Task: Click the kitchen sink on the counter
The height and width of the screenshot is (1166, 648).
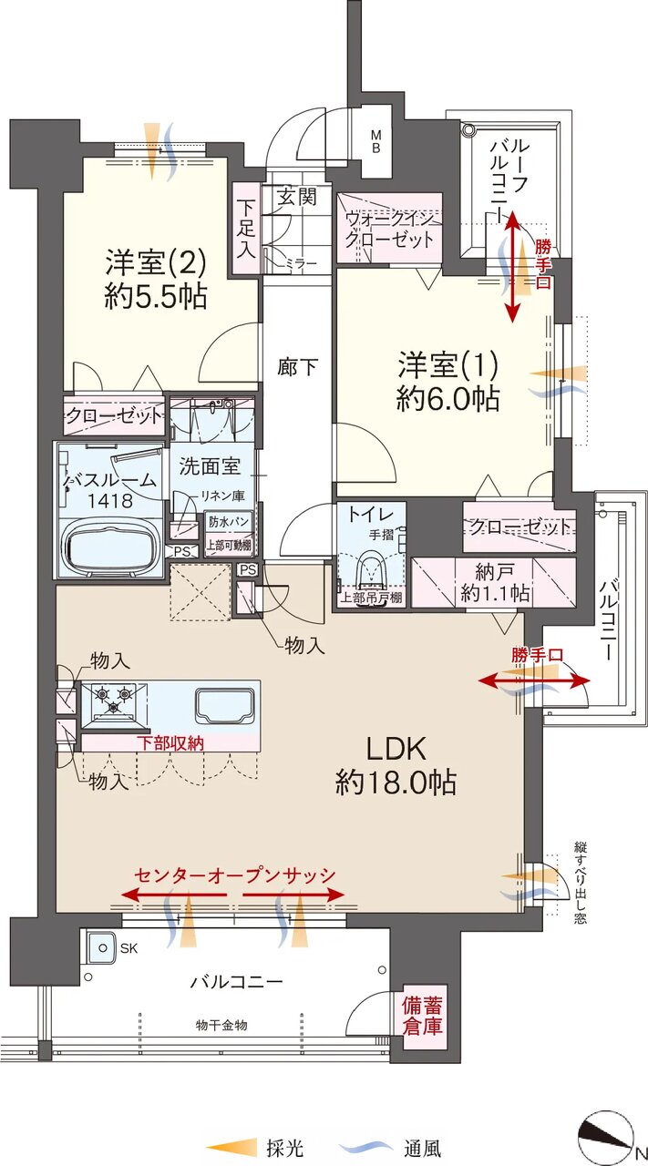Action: tap(226, 705)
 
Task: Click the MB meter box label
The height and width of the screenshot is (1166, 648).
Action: tap(375, 141)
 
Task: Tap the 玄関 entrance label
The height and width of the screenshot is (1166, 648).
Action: tap(296, 197)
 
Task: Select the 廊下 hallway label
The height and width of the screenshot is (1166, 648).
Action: tap(297, 367)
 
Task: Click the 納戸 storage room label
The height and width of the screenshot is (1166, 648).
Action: tap(494, 572)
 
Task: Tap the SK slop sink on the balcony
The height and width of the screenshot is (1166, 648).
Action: tap(103, 948)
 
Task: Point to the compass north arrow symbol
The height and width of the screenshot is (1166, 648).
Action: tap(606, 1129)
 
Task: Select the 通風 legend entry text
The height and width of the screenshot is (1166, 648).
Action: tap(421, 1147)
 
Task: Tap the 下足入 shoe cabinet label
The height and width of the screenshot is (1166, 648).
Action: tap(246, 229)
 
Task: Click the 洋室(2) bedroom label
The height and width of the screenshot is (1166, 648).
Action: tap(156, 264)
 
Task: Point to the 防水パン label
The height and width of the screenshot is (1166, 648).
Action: tap(228, 522)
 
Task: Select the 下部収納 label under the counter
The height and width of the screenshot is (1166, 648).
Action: tap(170, 742)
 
